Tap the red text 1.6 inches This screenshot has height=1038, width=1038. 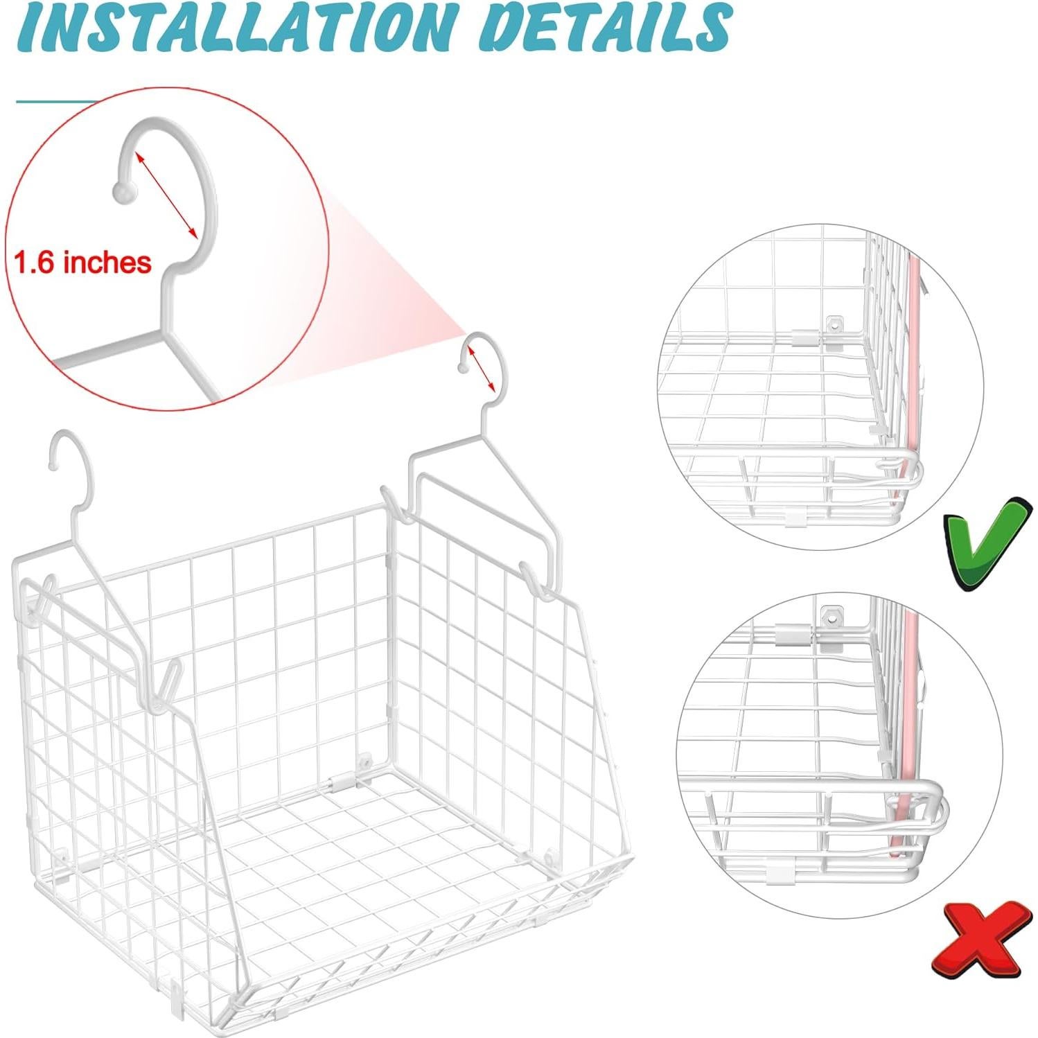(x=82, y=263)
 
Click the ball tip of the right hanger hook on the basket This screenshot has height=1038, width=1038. (x=462, y=367)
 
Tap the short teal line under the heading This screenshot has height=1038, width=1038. (x=55, y=103)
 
